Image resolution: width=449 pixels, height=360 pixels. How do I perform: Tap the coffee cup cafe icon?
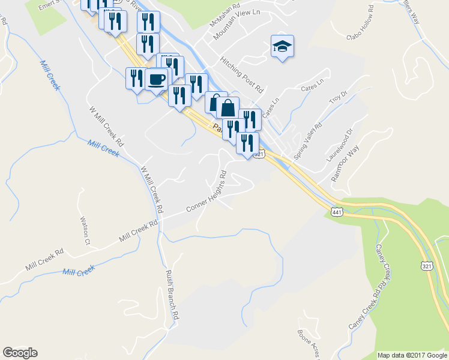coord(156,79)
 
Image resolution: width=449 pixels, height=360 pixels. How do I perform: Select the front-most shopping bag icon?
coord(228,109)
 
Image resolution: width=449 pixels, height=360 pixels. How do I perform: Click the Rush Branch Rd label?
coord(172,293)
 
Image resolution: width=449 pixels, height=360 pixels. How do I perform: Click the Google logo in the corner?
coord(20,353)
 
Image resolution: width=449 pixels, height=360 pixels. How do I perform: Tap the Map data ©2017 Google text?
coord(412,355)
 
